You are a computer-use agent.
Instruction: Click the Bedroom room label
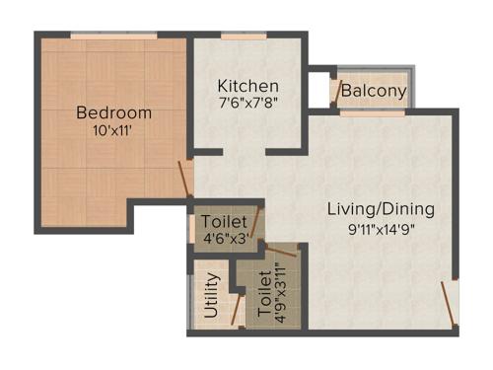tap(114, 111)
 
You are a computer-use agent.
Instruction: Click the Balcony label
tap(374, 92)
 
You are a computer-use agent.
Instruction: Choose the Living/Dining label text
tap(381, 210)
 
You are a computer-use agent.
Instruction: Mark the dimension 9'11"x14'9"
tap(381, 229)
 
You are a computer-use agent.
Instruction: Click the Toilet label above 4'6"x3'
tap(223, 222)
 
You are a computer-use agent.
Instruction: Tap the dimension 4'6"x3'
tap(224, 239)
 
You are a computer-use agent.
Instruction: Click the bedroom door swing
tap(184, 178)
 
